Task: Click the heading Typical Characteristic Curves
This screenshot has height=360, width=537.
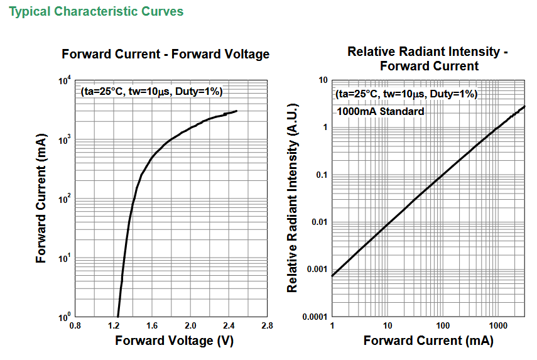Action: [96, 12]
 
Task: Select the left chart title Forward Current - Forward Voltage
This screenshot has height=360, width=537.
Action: [165, 54]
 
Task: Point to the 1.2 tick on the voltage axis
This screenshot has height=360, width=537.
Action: [114, 325]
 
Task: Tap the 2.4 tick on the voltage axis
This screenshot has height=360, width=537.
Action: [229, 325]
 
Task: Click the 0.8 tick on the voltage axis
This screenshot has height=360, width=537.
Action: [75, 325]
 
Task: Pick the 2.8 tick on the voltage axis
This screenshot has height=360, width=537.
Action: [267, 325]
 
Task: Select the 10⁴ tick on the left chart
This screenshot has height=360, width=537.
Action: [65, 81]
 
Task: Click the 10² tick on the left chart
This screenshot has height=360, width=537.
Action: [65, 199]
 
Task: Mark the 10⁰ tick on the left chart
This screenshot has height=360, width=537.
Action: [65, 317]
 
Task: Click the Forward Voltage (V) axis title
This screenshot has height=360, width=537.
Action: [175, 341]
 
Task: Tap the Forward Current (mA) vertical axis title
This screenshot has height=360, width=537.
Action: [41, 199]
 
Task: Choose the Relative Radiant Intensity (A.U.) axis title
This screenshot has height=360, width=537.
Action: [292, 198]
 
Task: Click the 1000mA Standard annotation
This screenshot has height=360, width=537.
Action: [381, 111]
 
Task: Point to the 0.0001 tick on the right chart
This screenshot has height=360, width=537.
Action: [315, 317]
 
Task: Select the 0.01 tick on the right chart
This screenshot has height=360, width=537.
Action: [320, 222]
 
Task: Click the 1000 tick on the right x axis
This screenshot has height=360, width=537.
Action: [498, 325]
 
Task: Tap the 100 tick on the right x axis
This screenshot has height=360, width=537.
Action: [443, 325]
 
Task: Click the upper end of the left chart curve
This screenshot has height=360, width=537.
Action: [237, 111]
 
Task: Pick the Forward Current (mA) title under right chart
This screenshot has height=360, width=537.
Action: [428, 341]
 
